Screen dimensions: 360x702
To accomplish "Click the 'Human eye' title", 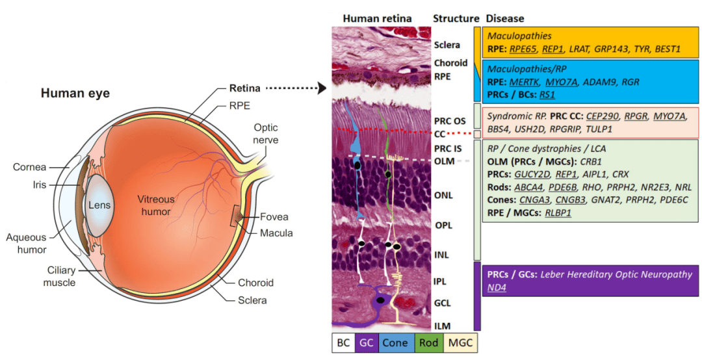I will [x=75, y=94].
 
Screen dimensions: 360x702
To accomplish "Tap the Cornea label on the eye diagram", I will [x=29, y=168].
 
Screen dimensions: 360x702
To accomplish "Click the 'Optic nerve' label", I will [x=265, y=134].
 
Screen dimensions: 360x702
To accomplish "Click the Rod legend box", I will [x=426, y=342].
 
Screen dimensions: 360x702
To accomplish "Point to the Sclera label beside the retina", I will [x=447, y=45].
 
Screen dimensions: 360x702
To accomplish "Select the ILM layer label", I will [x=443, y=326].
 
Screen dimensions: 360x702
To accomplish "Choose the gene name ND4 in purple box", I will [x=497, y=287].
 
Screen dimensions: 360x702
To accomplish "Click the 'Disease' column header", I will [x=505, y=18].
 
